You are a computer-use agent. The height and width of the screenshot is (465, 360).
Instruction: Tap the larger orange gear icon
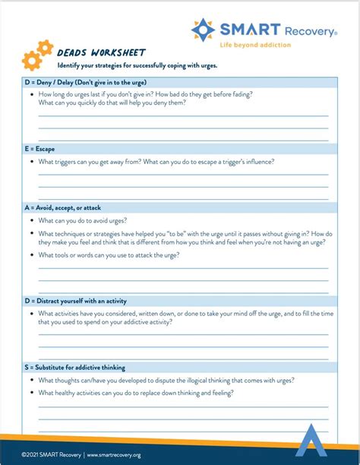[31, 58]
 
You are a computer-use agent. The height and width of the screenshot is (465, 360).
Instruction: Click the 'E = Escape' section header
[39, 149]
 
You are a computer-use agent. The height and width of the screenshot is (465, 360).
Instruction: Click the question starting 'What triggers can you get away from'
[156, 161]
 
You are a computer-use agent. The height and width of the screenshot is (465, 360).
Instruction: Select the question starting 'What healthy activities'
[136, 393]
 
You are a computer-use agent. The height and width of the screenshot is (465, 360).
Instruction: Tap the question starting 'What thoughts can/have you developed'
[166, 380]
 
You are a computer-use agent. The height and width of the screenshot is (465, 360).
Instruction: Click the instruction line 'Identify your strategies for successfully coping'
[137, 65]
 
